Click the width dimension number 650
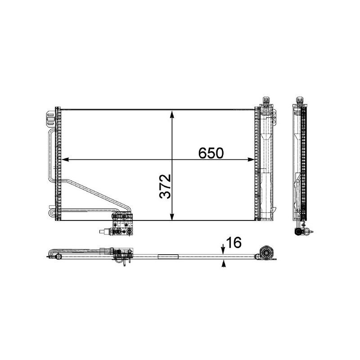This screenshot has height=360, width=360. pos(211,153)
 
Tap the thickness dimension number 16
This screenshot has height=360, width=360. pos(234,243)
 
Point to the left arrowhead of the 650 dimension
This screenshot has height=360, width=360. pos(64,159)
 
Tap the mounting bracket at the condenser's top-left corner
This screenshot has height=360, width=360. pos(50,118)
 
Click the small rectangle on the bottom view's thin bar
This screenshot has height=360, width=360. pos(168,257)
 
